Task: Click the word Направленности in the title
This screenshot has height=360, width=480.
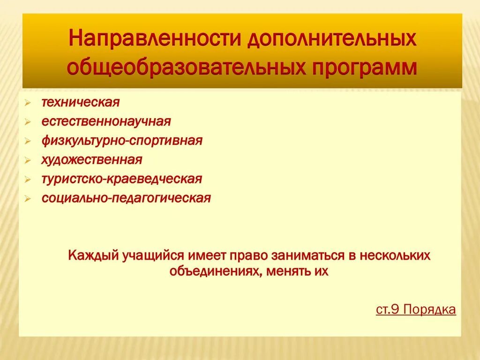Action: (154, 39)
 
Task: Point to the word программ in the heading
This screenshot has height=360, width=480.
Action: (362, 67)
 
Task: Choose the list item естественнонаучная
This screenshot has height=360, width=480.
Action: (106, 121)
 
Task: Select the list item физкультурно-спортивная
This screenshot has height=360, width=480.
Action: (122, 141)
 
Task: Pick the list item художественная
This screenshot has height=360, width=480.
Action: (91, 160)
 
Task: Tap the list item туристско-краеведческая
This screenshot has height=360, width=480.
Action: (121, 179)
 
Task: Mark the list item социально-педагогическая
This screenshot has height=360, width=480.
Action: (126, 198)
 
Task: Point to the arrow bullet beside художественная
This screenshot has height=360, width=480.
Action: (29, 160)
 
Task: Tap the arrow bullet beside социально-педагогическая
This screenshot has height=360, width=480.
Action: (29, 199)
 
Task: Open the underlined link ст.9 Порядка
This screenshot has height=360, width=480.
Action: (416, 310)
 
